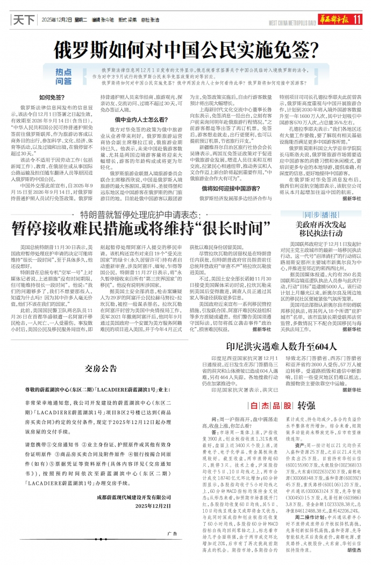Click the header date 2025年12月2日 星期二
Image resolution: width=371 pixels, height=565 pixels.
pos(64,19)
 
